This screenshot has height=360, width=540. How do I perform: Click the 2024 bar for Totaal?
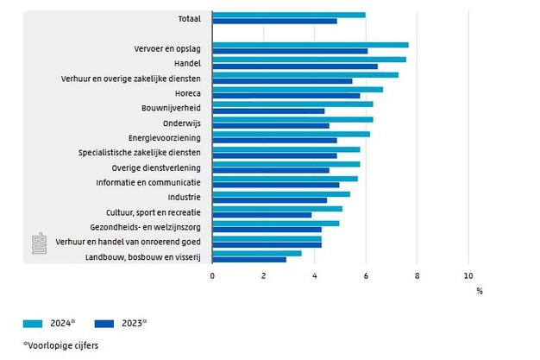pos(288,15)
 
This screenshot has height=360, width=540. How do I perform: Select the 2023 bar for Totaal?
pos(274,21)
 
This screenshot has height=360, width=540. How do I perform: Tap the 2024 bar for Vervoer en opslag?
pos(310,45)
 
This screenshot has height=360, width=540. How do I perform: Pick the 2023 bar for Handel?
pos(294,66)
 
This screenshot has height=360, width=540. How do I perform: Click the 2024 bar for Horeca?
pos(297,89)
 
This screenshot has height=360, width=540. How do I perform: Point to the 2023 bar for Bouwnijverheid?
pos(268,111)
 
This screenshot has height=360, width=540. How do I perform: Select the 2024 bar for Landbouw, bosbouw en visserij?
pos(256,253)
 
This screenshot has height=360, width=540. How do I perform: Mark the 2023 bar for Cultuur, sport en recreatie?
pos(261,215)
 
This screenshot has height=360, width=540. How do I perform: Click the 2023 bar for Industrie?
pos(269,199)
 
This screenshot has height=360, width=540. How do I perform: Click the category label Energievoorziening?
pos(164,138)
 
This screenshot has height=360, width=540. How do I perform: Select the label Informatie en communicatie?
pos(148,183)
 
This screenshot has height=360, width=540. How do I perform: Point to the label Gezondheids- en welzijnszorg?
pos(143,227)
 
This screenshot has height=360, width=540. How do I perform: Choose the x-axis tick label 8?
pos(417,275)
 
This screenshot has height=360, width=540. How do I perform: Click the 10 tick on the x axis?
pos(468,275)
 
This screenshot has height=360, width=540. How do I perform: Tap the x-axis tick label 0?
pos(212,275)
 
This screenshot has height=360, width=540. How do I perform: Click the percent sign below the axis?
pos(480,290)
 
